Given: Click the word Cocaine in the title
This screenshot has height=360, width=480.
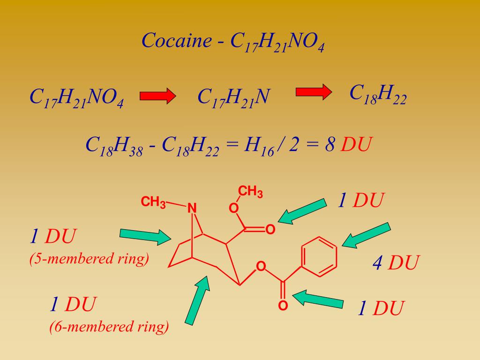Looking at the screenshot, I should [x=177, y=41].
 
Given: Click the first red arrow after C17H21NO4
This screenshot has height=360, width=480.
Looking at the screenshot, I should [x=157, y=96].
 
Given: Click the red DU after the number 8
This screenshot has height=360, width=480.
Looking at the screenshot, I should [x=356, y=145].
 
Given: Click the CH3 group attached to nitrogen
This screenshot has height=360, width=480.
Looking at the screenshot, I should [x=153, y=202].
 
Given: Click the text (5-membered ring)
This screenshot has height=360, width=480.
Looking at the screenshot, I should [x=89, y=258].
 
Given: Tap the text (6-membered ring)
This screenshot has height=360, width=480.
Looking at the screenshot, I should [x=109, y=326].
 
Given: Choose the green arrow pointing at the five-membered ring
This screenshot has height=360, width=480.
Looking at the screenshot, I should [x=145, y=236].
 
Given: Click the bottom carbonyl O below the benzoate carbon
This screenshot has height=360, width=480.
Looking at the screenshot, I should [x=283, y=306].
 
